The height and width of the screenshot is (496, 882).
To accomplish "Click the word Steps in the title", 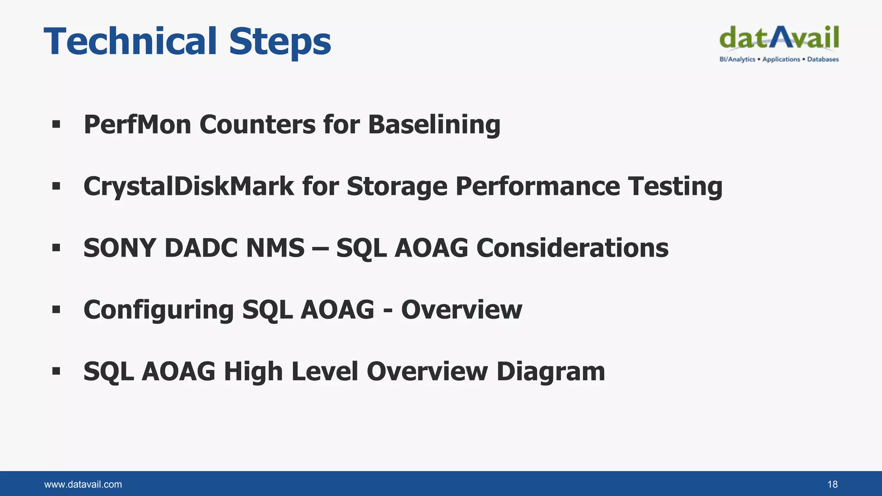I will pos(280,42).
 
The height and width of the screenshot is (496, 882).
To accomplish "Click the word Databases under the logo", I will pos(823,59).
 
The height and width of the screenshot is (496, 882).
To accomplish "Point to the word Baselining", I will pos(434,125).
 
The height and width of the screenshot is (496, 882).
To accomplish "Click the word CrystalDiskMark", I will pos(189,187).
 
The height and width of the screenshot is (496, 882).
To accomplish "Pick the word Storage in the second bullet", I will pos(397,187).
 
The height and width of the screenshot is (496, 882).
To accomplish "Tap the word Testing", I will pos(675,187).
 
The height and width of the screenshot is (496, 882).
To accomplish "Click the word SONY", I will pos(119,248).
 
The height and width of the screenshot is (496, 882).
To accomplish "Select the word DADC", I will pos(201,248).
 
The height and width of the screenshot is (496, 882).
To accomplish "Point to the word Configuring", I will pos(158,310).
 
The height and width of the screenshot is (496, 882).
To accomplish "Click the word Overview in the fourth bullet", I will pos(461,310).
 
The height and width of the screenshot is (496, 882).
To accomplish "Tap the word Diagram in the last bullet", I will pos(550,372).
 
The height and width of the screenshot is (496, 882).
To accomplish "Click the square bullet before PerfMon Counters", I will pos(56,125).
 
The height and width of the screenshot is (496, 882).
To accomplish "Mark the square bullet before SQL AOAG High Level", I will pos(56,371).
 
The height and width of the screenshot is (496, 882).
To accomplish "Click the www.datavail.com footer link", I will pos(83,484).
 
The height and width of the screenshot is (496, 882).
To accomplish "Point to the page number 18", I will pos(832,484).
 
